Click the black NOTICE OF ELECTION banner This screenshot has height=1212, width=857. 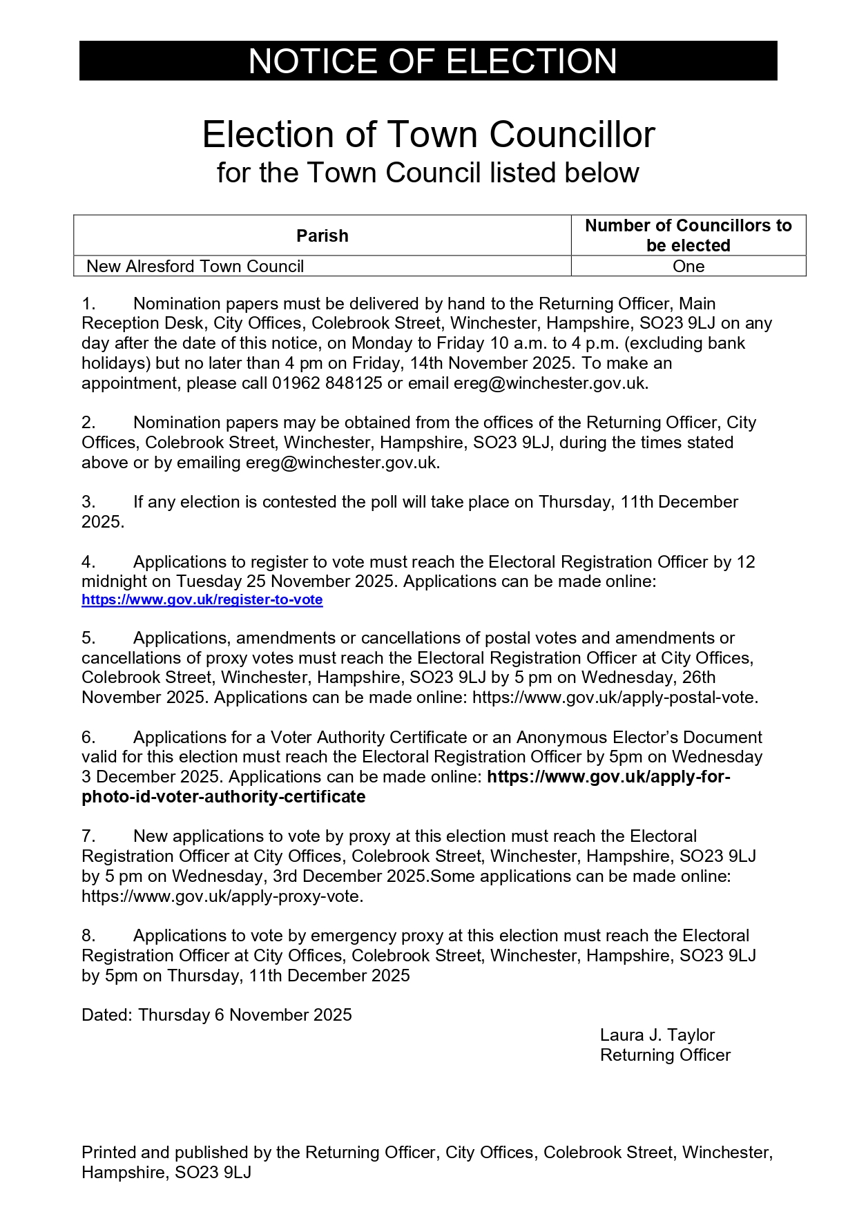428,61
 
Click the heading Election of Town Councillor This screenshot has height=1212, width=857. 428,135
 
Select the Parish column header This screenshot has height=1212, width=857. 322,235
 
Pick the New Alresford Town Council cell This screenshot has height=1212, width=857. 195,267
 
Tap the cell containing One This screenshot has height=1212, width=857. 688,267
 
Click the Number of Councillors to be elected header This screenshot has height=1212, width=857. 688,235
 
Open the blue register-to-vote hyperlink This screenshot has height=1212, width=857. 202,600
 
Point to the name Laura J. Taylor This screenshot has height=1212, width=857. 657,1035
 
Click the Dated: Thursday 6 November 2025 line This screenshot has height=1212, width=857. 217,1015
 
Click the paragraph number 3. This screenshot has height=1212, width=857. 88,502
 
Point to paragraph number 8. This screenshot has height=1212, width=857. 88,936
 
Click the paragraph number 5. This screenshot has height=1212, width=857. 88,638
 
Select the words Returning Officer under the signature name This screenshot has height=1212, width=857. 665,1055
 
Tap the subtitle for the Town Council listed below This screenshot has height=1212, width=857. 428,173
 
